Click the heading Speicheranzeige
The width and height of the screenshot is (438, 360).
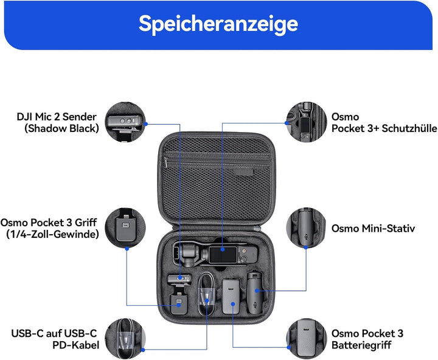click(x=218, y=24)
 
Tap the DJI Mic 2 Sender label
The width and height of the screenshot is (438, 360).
click(x=58, y=122)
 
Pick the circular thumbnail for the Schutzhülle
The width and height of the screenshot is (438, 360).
click(x=308, y=122)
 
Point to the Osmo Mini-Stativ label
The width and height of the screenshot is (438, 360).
click(x=373, y=228)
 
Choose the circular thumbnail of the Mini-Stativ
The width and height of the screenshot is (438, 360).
click(x=308, y=228)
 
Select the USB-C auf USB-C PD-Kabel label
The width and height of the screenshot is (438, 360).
click(x=54, y=339)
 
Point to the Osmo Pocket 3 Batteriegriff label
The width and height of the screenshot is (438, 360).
click(x=367, y=339)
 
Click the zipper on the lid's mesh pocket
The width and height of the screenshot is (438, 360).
click(x=165, y=161)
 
